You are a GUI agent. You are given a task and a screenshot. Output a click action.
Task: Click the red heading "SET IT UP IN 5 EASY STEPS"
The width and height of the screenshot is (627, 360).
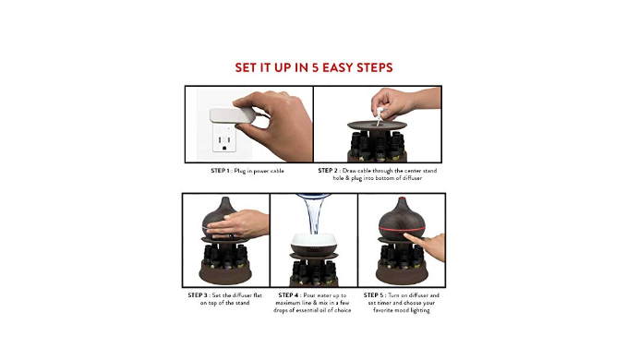pos(314,67)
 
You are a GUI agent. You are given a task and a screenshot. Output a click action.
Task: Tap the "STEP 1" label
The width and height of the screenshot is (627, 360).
pos(221,171)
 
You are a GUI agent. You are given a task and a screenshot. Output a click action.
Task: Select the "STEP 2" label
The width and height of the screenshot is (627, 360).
pos(328,171)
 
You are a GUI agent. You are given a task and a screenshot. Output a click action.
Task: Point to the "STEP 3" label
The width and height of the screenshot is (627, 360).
pos(198,295)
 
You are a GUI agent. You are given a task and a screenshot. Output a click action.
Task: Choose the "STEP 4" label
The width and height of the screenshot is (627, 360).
pos(288,295)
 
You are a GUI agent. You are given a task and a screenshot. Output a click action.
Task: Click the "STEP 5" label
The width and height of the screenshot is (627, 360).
pos(373,295)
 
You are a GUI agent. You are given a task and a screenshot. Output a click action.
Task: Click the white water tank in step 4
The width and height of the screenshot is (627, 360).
pos(314,241)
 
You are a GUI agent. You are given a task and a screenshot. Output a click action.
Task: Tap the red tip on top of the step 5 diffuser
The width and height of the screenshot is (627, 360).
pos(402,199)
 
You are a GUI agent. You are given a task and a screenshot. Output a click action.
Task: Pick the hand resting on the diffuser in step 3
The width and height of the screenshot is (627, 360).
pos(236,225)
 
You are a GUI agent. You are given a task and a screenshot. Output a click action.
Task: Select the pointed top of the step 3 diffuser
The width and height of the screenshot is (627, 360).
pos(225,199)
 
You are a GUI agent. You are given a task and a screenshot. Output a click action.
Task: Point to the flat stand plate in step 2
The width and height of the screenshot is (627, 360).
pos(377,126)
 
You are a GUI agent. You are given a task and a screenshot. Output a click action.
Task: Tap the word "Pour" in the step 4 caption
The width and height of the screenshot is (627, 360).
pos(309,295)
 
